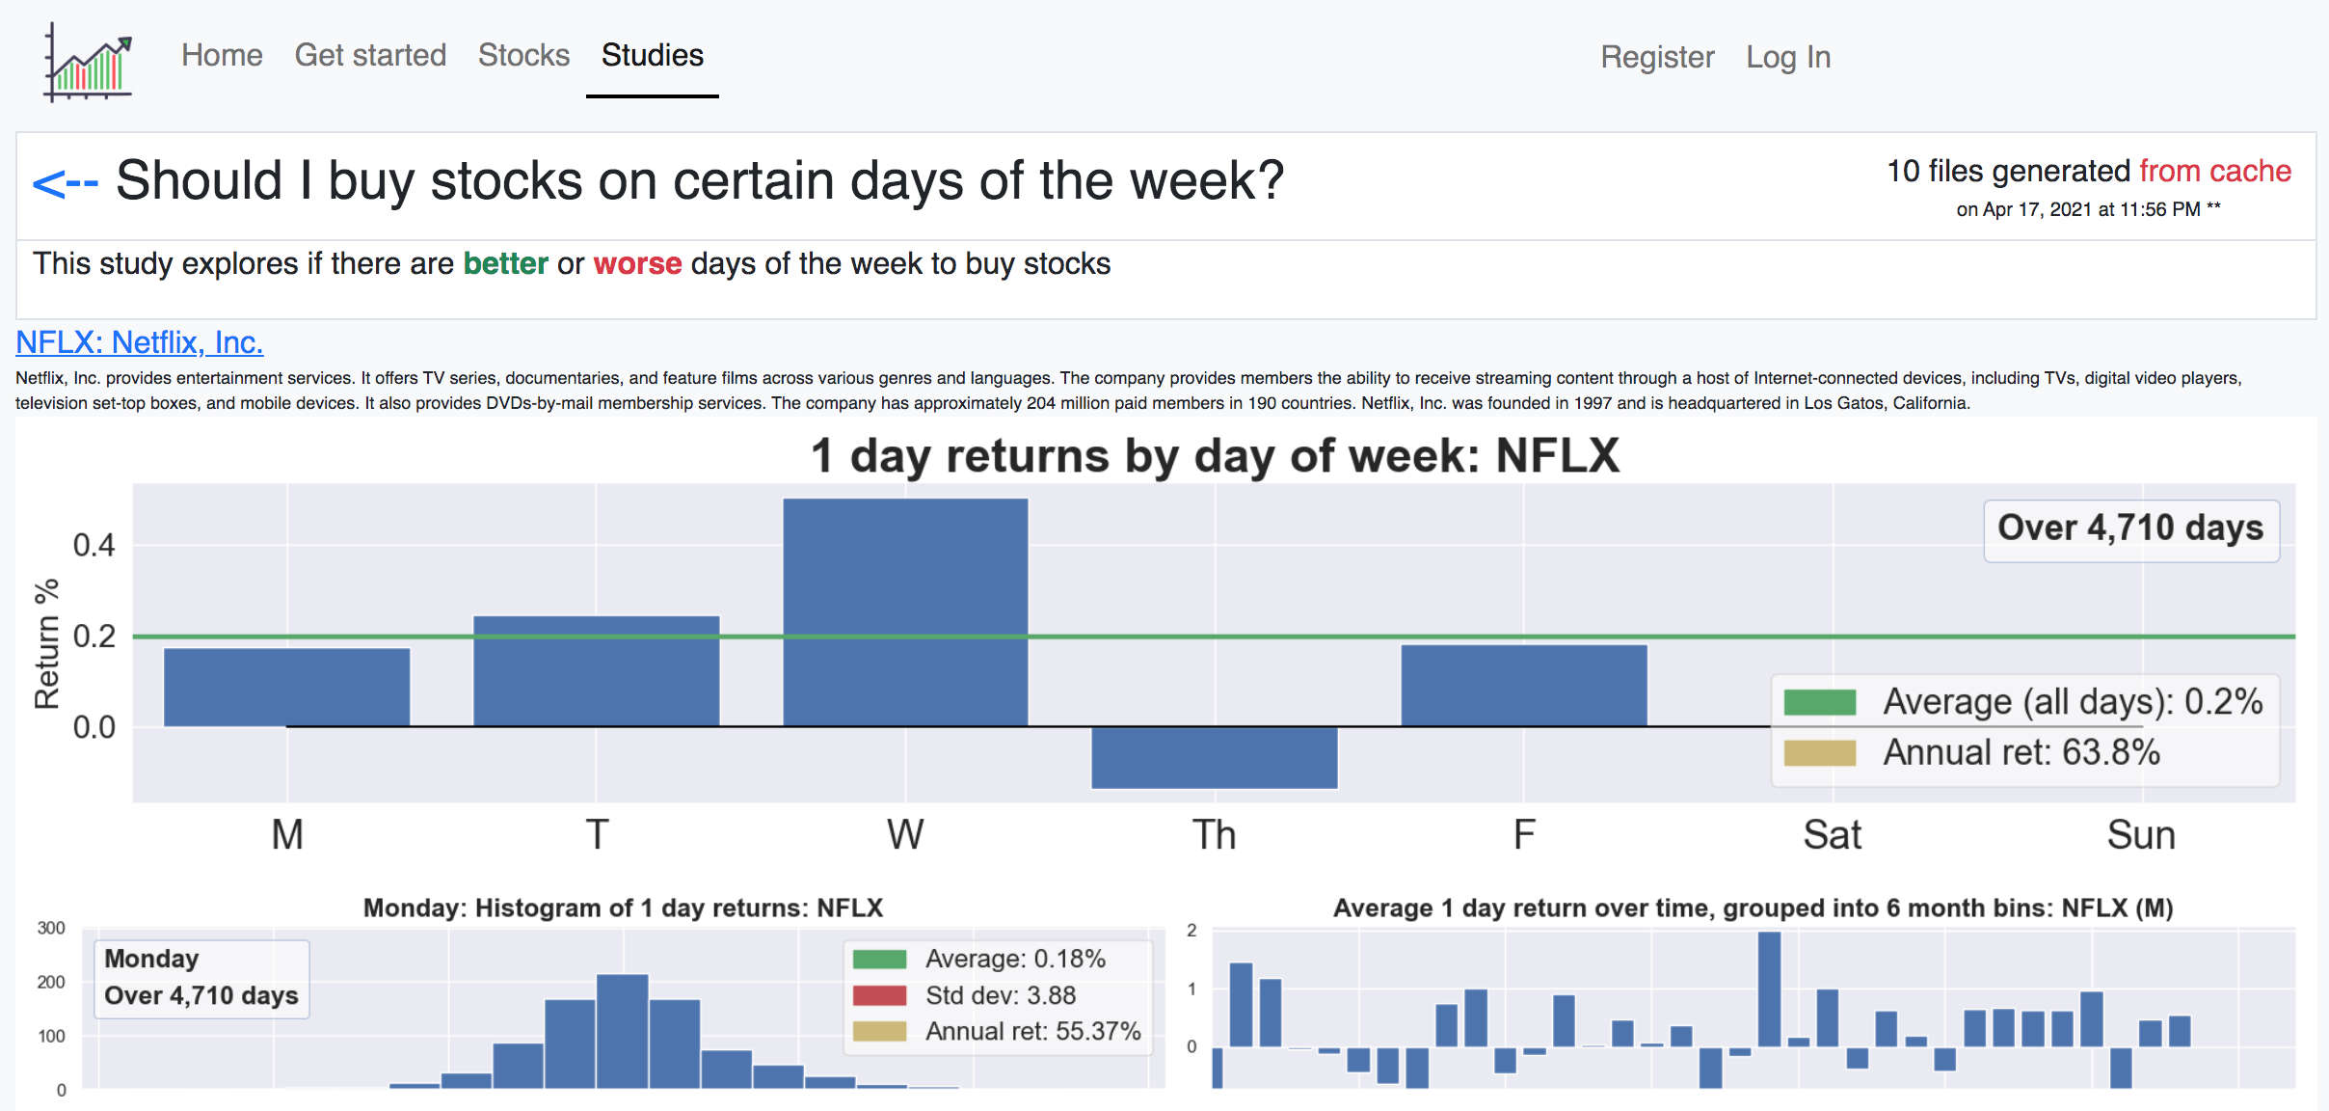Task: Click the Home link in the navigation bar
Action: click(x=222, y=55)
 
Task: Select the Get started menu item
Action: click(x=370, y=55)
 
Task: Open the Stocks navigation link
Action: click(x=523, y=55)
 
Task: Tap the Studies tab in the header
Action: click(x=653, y=55)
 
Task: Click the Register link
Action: click(x=1657, y=57)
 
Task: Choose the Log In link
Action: click(x=1788, y=57)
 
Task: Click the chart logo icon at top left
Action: click(x=88, y=63)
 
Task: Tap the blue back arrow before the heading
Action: click(x=65, y=182)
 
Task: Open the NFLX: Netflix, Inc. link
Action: click(x=140, y=342)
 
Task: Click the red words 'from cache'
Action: click(x=2214, y=171)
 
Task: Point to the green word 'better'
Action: click(x=505, y=263)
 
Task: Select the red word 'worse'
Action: click(x=637, y=263)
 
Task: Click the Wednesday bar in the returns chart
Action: click(x=905, y=611)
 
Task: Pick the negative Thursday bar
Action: click(x=1215, y=758)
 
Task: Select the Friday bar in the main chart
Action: click(x=1523, y=685)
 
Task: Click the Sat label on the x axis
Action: click(x=1832, y=834)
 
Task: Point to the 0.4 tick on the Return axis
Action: click(x=94, y=545)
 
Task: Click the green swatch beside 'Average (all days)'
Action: click(x=1819, y=702)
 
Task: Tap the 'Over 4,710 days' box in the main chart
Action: click(x=2130, y=528)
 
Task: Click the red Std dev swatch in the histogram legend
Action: click(x=879, y=995)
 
